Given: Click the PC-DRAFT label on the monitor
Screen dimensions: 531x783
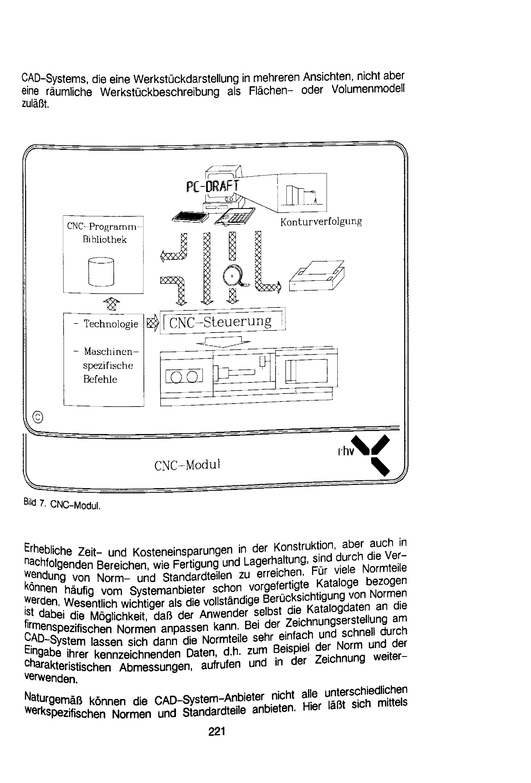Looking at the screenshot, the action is point(212,186).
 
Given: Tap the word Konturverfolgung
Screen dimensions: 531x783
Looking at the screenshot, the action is point(321,222).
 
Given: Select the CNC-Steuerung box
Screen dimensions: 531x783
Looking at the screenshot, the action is point(223,321).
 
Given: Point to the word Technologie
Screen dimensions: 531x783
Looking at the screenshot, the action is point(111,324).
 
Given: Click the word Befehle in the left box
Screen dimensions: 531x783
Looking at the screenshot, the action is point(100,379).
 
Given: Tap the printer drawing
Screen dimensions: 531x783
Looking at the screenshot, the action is point(317,275).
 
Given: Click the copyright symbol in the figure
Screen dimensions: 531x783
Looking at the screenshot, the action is point(38,417).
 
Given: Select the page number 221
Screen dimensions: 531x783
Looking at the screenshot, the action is point(216,732).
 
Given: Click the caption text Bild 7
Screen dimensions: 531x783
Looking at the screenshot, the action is point(34,502).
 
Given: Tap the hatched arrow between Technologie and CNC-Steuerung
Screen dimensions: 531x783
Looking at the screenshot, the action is point(153,323).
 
